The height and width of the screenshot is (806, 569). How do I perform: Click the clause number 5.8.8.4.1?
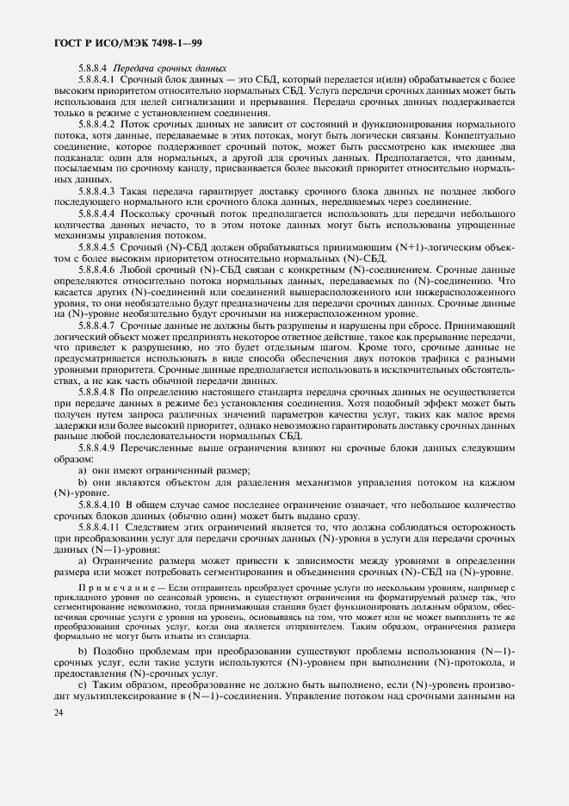tap(97, 80)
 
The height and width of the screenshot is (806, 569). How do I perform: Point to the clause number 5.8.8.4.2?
tap(97, 124)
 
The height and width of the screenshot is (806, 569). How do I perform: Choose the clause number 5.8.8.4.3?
tap(97, 189)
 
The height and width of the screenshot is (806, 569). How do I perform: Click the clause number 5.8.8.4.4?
tap(97, 212)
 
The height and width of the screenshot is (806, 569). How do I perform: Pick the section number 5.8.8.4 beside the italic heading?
tap(92, 69)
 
